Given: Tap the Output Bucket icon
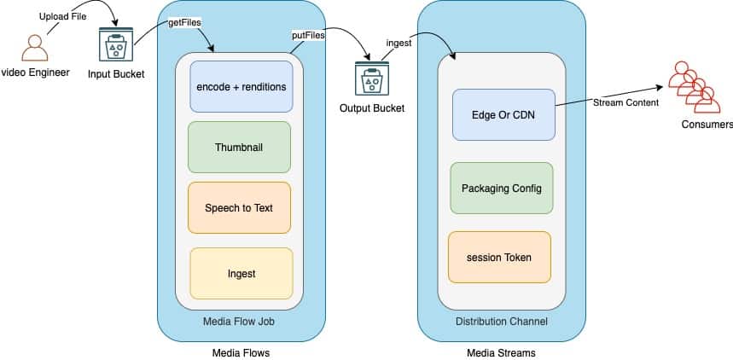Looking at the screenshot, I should [371, 82].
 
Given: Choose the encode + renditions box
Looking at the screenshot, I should [241, 87].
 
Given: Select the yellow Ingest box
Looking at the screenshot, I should [241, 274].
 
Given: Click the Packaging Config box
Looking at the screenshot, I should [501, 188].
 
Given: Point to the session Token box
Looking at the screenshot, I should [500, 257].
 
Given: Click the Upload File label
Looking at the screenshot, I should [63, 17].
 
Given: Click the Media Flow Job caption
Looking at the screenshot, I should [240, 322].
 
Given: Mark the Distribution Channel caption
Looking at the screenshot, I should [502, 322].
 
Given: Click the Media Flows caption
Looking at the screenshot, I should [241, 352].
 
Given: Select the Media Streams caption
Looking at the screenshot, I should [501, 352].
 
